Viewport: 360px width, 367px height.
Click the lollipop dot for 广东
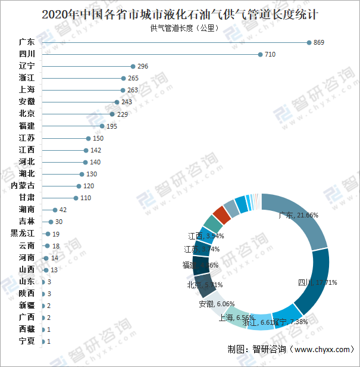[x=309, y=42]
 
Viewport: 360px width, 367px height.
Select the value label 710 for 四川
[x=270, y=54]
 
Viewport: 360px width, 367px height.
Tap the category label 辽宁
[x=27, y=66]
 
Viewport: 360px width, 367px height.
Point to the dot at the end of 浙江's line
[x=123, y=78]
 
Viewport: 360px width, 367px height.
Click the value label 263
[x=133, y=90]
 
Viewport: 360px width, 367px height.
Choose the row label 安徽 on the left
[x=27, y=102]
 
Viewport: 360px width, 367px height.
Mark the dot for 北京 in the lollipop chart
[x=112, y=114]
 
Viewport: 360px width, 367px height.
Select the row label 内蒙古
[x=23, y=186]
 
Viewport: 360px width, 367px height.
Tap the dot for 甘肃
[x=76, y=198]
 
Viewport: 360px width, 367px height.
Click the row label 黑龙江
[x=23, y=234]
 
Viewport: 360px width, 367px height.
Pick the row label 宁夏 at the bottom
[x=27, y=341]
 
